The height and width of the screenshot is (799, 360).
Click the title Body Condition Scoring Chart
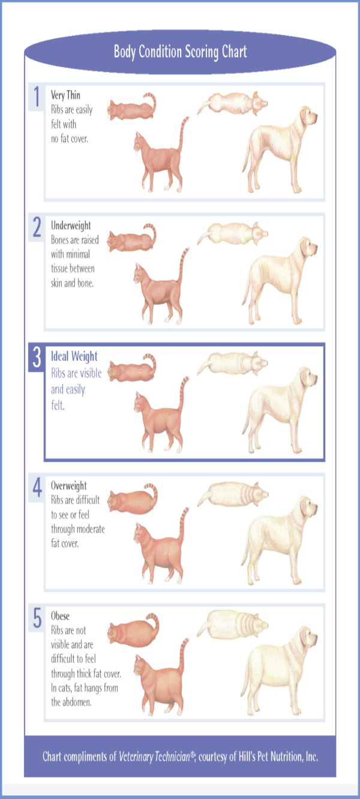click(x=180, y=52)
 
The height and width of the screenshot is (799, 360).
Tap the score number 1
click(x=37, y=97)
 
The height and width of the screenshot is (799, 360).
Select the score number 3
click(x=37, y=357)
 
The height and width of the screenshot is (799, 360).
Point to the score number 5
click(x=37, y=618)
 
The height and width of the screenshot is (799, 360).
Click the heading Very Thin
click(x=65, y=95)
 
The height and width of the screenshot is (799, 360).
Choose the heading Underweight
click(x=71, y=226)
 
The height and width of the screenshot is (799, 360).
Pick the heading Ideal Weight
click(x=74, y=356)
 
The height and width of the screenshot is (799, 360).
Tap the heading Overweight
click(x=68, y=485)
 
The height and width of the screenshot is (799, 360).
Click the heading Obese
click(x=60, y=616)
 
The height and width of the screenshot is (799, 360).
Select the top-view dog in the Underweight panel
click(x=232, y=233)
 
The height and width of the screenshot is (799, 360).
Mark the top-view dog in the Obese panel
click(x=232, y=624)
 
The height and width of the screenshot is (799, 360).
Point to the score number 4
click(x=37, y=487)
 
